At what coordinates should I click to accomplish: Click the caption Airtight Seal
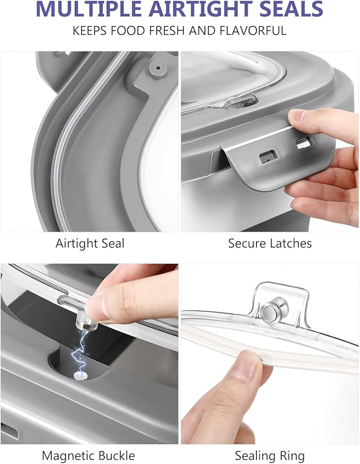pos(90,243)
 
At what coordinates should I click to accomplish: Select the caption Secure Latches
pos(270,243)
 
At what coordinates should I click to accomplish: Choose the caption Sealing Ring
pos(270,456)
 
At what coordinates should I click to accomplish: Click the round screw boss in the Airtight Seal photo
pos(155,67)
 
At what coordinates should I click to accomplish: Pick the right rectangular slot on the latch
pos(302,143)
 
